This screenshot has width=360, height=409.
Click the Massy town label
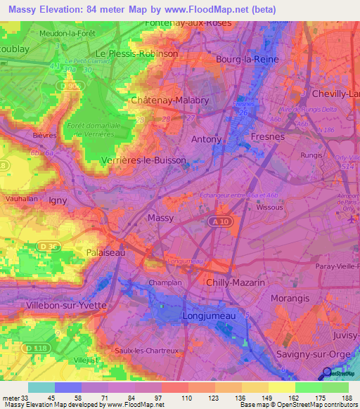pos(161,219)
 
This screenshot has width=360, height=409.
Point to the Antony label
pos(207,139)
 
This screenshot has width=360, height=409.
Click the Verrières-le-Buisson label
pos(145,160)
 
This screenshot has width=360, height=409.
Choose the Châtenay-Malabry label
pos(170,100)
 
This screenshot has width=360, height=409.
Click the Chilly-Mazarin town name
pos(235,282)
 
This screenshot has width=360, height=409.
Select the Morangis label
pos(291,298)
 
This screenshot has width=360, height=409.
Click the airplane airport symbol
pos(351,219)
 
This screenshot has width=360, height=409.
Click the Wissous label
pos(270,208)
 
